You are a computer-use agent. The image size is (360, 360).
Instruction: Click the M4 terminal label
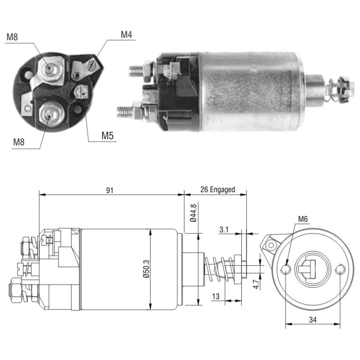(126, 35)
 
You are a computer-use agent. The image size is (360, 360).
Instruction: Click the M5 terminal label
(107, 135)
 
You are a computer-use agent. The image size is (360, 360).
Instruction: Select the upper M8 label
(12, 37)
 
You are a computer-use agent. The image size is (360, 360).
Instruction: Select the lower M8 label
(19, 142)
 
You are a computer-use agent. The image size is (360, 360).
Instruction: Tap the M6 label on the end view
(303, 219)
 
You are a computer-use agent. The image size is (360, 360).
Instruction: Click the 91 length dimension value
(110, 190)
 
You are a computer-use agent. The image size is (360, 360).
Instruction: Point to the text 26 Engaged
(217, 190)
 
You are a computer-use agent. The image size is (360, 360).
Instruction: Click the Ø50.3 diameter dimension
(146, 269)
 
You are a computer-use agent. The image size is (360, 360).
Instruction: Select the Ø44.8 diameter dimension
(193, 213)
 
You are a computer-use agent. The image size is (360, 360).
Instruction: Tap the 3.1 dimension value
(224, 229)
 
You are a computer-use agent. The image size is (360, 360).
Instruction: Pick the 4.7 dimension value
(256, 284)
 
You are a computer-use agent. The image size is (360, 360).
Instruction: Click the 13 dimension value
(216, 296)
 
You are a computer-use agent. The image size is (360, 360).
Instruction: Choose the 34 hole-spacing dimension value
(313, 320)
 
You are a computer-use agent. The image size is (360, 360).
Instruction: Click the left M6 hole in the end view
(285, 269)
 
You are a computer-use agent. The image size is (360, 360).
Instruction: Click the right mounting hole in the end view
(340, 269)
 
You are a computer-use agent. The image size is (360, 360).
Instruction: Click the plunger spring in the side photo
(332, 90)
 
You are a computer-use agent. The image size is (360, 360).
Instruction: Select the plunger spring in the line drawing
(219, 269)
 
